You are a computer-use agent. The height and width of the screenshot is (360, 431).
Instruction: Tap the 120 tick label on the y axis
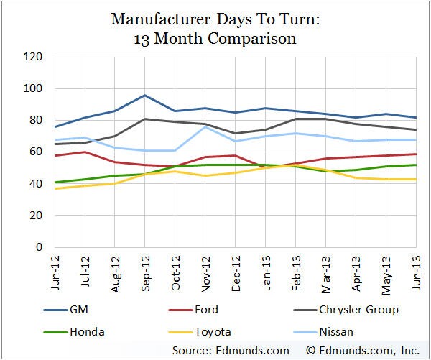34,57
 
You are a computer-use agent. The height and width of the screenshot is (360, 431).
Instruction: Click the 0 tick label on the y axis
40,246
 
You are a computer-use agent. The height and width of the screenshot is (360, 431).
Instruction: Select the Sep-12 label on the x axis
146,272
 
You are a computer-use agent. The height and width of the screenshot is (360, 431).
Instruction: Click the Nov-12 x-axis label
207,272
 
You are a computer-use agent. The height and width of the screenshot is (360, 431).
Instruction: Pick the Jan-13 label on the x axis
267,272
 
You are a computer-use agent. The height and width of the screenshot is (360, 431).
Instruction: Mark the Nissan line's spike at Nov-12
207,127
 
